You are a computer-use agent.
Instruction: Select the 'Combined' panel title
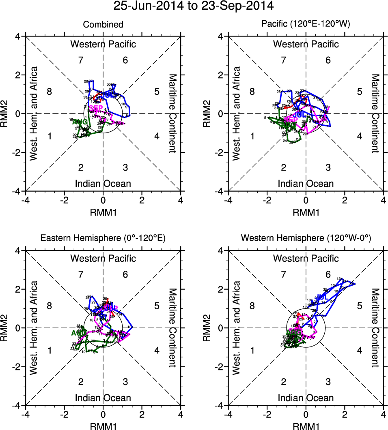pyautogui.click(x=103, y=25)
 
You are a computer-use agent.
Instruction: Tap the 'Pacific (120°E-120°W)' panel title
pyautogui.click(x=306, y=25)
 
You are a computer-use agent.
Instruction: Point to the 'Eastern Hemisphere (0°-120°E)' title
pyautogui.click(x=103, y=239)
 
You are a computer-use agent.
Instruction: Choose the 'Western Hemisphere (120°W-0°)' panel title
pyautogui.click(x=306, y=239)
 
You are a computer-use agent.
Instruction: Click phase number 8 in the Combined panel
pyautogui.click(x=50, y=91)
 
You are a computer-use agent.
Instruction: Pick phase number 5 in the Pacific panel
pyautogui.click(x=359, y=91)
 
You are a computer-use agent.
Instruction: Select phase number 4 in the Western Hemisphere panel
pyautogui.click(x=359, y=350)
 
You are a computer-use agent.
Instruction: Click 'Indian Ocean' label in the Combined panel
pyautogui.click(x=103, y=184)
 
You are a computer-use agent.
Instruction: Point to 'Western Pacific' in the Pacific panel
pyautogui.click(x=306, y=44)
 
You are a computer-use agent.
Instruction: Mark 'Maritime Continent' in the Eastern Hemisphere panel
pyautogui.click(x=172, y=327)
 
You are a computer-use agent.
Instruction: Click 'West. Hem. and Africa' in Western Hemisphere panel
pyautogui.click(x=237, y=327)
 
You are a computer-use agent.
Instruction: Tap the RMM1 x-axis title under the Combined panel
pyautogui.click(x=103, y=211)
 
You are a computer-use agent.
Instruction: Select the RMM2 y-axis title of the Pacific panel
pyautogui.click(x=207, y=113)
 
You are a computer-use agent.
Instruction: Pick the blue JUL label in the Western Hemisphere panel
pyautogui.click(x=322, y=297)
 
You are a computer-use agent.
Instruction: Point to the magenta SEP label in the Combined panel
pyautogui.click(x=96, y=108)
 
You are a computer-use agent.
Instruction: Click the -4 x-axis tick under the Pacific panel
pyautogui.click(x=228, y=200)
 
